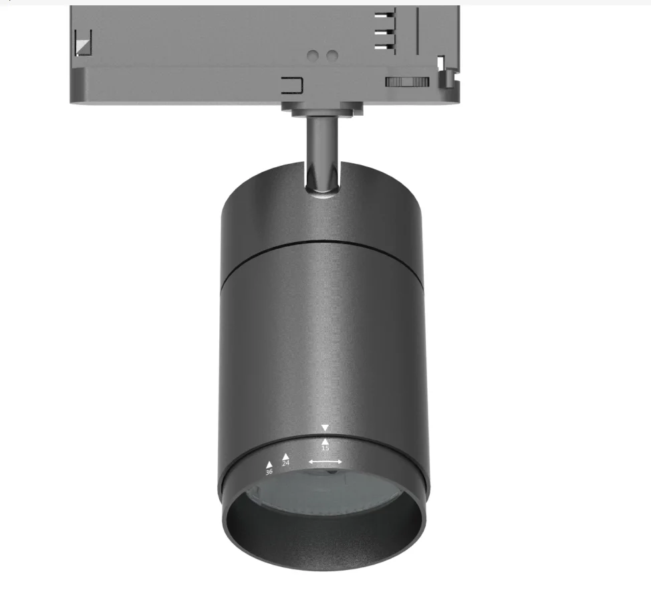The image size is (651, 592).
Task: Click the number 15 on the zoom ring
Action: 325,448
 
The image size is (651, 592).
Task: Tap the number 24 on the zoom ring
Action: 285,463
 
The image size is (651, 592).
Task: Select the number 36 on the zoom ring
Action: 269,472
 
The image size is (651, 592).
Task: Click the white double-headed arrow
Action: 325,462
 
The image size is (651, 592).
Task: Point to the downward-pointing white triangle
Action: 325,427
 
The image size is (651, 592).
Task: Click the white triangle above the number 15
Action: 325,441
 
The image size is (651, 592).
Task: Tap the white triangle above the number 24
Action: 285,457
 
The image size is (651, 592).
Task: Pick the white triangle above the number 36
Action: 269,465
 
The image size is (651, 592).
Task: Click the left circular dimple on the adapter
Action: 313,56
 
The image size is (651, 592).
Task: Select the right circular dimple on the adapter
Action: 332,56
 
